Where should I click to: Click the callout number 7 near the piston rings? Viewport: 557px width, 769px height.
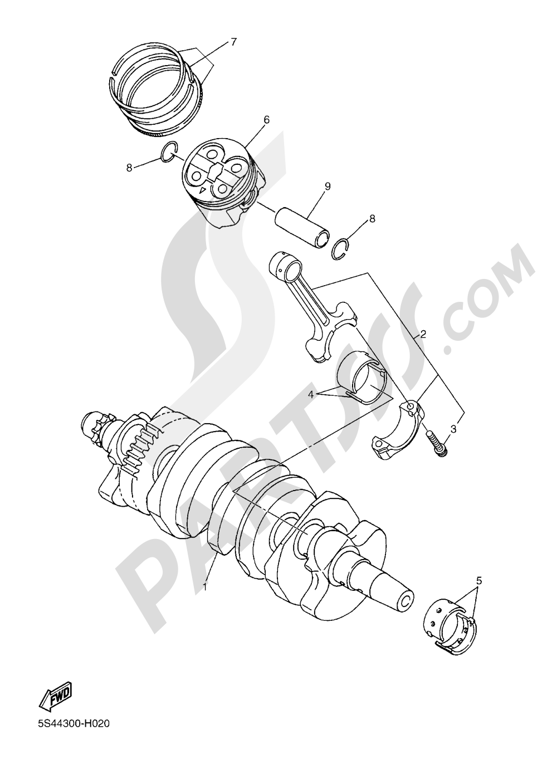[x=233, y=41]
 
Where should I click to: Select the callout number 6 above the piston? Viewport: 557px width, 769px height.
[x=266, y=120]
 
